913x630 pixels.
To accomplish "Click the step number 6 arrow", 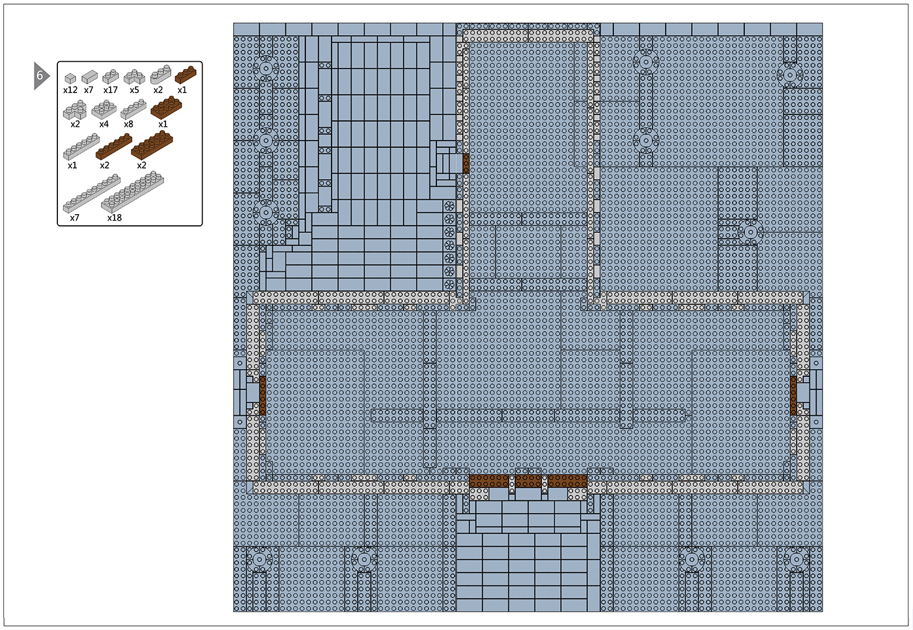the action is click(x=41, y=75).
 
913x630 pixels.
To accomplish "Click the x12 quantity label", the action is click(x=70, y=90).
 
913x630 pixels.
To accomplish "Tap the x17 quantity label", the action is click(x=111, y=90).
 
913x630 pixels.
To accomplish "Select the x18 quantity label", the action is click(x=115, y=218).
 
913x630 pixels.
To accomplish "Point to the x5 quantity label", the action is click(x=134, y=90).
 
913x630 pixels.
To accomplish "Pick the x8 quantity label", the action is click(x=128, y=124).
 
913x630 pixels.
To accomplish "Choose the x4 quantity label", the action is click(x=104, y=124).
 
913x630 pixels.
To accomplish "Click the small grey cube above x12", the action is click(x=70, y=78).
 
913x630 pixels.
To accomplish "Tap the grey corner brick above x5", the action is click(x=134, y=77).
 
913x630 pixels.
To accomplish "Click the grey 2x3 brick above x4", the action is click(x=104, y=109).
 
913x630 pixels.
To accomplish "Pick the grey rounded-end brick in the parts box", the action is click(x=160, y=74).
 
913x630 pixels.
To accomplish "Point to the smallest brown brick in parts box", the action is click(x=186, y=75).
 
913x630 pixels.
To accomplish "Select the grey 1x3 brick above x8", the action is click(x=133, y=109).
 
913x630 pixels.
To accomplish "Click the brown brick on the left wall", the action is click(x=262, y=396).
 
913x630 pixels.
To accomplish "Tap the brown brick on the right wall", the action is click(x=793, y=396).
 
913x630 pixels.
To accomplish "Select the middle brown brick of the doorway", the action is click(x=528, y=481).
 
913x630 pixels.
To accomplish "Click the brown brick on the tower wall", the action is click(x=466, y=163).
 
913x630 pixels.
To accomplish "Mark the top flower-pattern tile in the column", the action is click(x=449, y=206).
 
